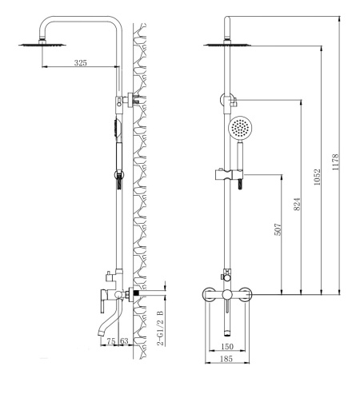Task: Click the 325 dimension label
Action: pos(81,62)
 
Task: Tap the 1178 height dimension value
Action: pos(335,162)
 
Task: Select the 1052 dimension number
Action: pos(317,177)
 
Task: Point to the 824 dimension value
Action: pos(297,204)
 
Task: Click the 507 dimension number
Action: pos(278,229)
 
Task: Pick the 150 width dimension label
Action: pos(227,346)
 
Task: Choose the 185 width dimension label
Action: pos(226,359)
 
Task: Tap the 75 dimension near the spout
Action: pos(111,341)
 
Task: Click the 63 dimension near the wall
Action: pos(124,341)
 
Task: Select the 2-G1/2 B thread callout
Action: pos(160,328)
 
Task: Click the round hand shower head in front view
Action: pos(240,127)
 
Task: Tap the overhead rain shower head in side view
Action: pos(42,44)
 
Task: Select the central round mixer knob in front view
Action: pos(227,294)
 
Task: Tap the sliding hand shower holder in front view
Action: pos(229,174)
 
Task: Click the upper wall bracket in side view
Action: pos(131,100)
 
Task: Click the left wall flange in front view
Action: pos(209,294)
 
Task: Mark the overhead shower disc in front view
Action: pos(227,44)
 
